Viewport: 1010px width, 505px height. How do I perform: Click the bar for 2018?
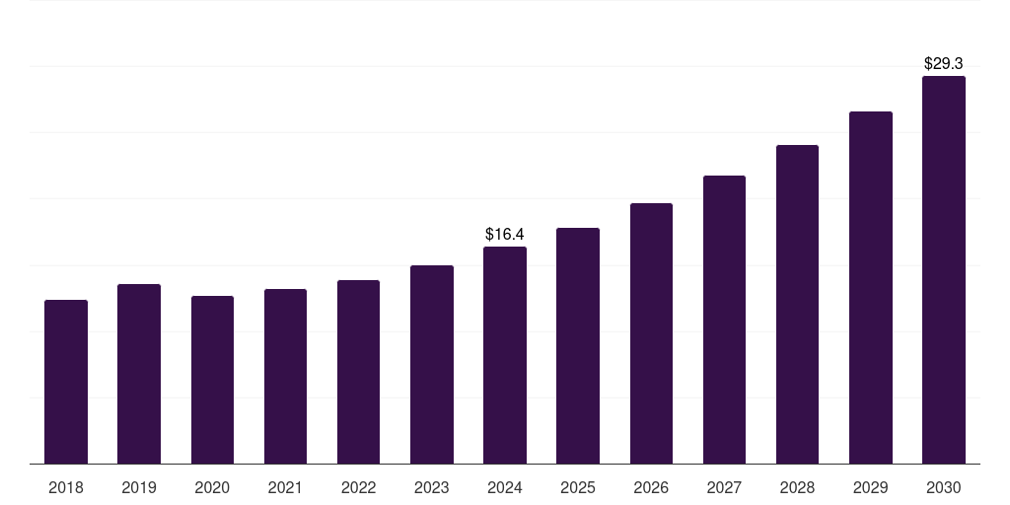coord(66,382)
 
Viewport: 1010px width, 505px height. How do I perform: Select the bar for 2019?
coord(139,374)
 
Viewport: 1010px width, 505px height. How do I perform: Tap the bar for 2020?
coord(213,380)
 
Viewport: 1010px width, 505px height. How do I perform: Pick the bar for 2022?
coord(358,372)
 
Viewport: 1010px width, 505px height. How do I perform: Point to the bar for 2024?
coord(505,355)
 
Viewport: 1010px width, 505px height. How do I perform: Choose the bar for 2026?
coord(651,333)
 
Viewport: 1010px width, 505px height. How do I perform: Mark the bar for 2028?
coord(797,305)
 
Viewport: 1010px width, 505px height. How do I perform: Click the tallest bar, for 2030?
coord(944,270)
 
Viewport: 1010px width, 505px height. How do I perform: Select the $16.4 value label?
coord(505,234)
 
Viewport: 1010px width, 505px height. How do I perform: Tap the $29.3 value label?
coord(944,63)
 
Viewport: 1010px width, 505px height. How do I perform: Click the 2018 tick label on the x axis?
coord(66,487)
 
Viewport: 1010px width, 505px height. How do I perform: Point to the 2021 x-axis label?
coord(285,487)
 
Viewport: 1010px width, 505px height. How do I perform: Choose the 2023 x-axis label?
coord(432,487)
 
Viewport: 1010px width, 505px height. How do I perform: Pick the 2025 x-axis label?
coord(578,487)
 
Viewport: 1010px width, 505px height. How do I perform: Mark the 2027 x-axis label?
coord(724,487)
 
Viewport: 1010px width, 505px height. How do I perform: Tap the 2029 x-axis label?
coord(870,487)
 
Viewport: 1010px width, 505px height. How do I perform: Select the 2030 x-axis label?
coord(944,487)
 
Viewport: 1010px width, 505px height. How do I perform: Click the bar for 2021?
coord(285,376)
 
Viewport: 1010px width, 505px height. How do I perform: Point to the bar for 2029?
coord(871,288)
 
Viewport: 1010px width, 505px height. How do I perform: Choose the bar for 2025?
coord(578,346)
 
